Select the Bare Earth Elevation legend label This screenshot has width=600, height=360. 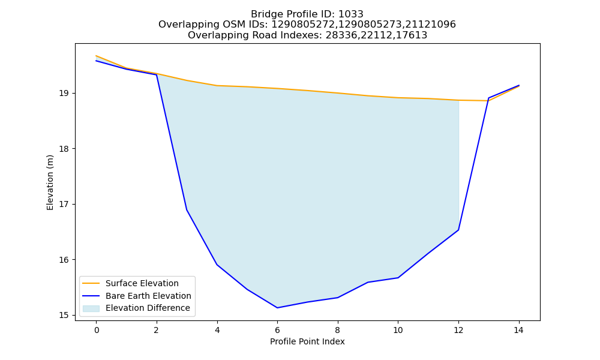(x=148, y=296)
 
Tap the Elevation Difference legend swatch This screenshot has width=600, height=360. (x=91, y=308)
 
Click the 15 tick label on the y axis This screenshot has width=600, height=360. (x=64, y=315)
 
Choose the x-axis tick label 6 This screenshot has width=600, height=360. (x=277, y=330)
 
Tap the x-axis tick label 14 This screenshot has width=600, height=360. (x=518, y=330)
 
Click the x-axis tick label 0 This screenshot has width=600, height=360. (x=97, y=330)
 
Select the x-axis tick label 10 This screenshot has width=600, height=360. (x=398, y=330)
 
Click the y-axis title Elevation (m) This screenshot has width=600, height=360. (x=50, y=182)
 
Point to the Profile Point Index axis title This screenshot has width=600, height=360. (x=307, y=341)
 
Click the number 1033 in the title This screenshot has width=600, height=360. (x=351, y=14)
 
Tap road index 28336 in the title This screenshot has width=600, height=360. (x=338, y=35)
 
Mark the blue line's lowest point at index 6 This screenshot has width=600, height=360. (x=277, y=308)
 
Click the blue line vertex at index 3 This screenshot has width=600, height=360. (x=187, y=209)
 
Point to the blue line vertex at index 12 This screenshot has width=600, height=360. (x=458, y=230)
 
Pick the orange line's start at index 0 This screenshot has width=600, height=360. (x=96, y=56)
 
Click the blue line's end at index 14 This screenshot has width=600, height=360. (x=519, y=85)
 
